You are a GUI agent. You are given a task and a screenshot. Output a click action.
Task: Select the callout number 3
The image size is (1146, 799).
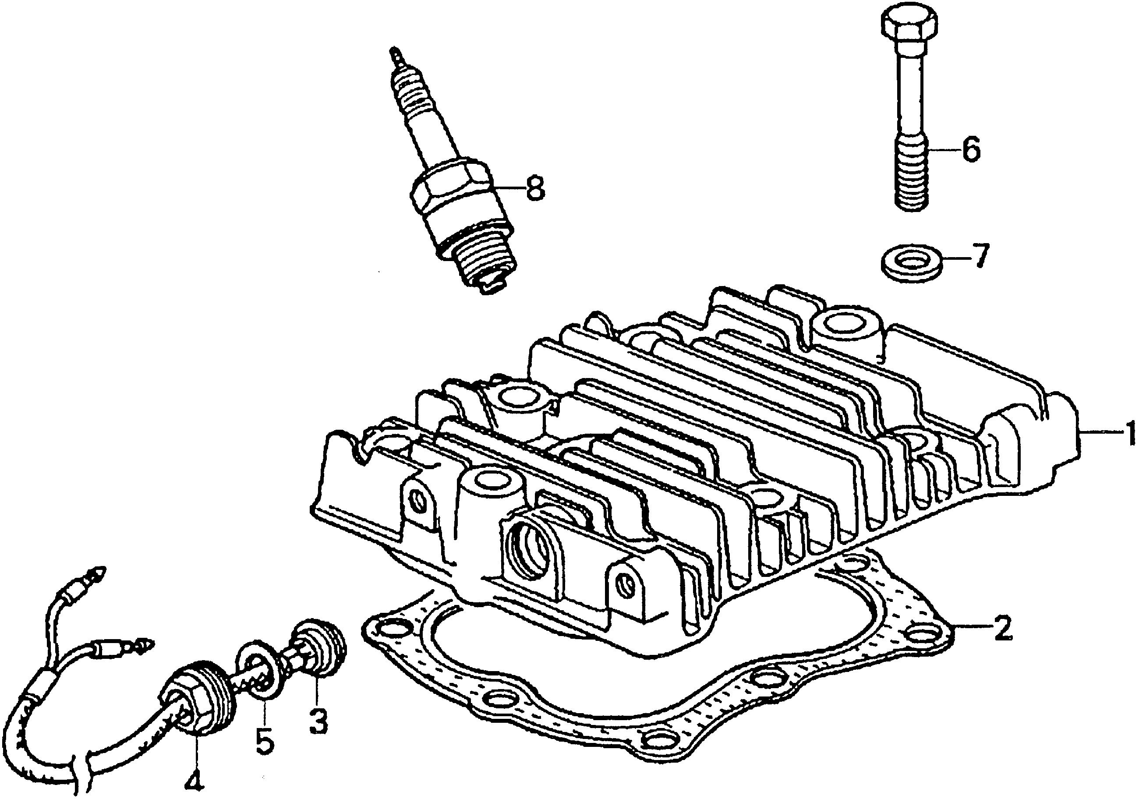click(318, 721)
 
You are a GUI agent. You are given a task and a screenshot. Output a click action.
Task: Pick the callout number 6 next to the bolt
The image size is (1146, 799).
click(970, 149)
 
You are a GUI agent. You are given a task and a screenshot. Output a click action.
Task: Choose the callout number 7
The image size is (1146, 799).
click(977, 258)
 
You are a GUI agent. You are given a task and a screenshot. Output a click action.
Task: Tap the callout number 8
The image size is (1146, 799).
click(535, 188)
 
